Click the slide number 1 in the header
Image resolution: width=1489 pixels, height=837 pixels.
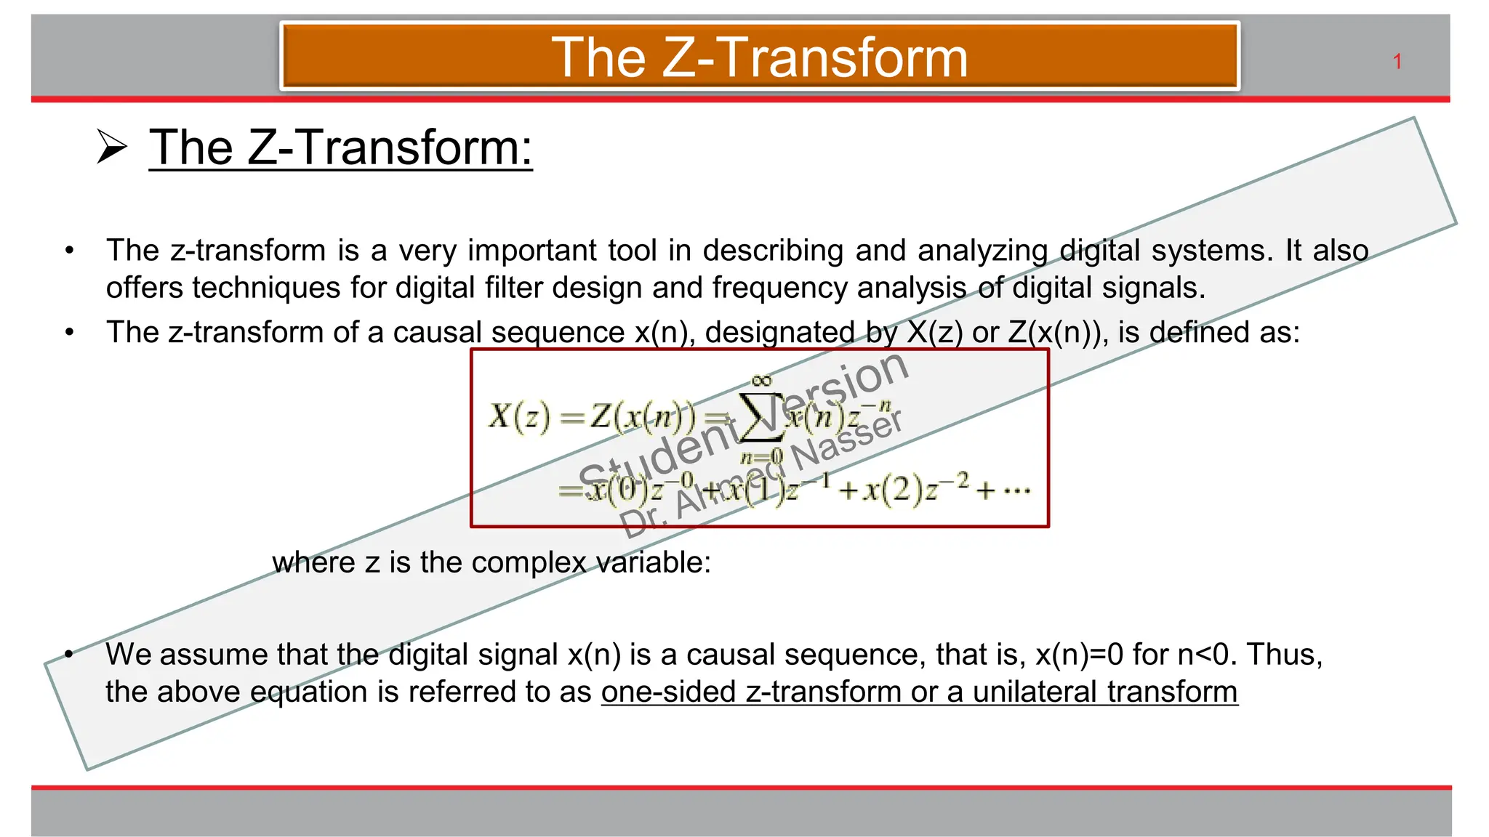tap(1397, 62)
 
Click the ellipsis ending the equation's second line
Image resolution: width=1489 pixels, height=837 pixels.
tap(1016, 491)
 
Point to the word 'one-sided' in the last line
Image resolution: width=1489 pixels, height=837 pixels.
tap(668, 692)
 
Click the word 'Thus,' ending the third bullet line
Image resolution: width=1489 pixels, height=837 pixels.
tap(1284, 655)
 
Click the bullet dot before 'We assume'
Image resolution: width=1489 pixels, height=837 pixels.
tap(69, 655)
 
